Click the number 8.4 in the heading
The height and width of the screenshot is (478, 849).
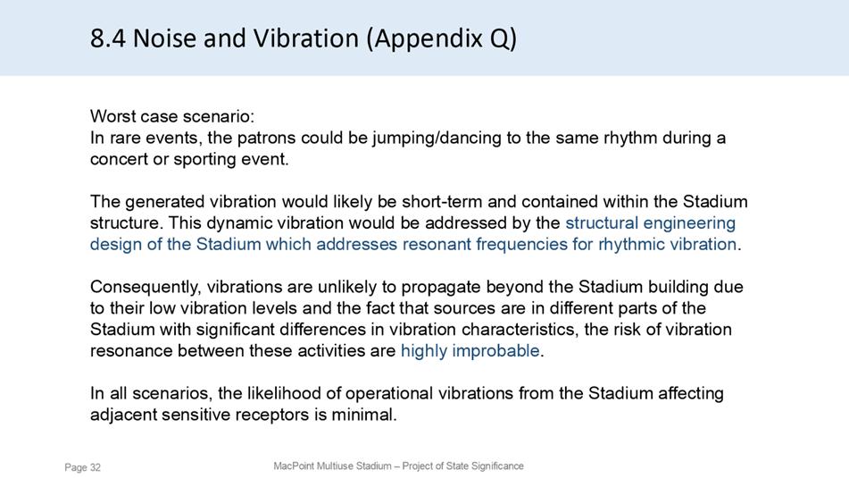(x=108, y=38)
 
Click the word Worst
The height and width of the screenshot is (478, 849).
(x=112, y=116)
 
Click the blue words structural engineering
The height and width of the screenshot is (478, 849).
(x=650, y=223)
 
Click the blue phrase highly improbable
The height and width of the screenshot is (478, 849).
(x=470, y=351)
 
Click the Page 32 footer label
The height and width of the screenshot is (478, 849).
(x=83, y=467)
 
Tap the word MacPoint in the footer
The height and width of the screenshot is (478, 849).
(x=294, y=466)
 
